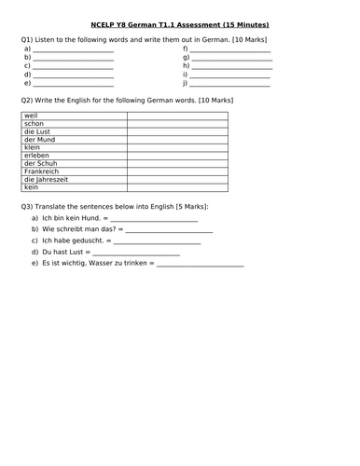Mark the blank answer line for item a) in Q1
tap(73, 50)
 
